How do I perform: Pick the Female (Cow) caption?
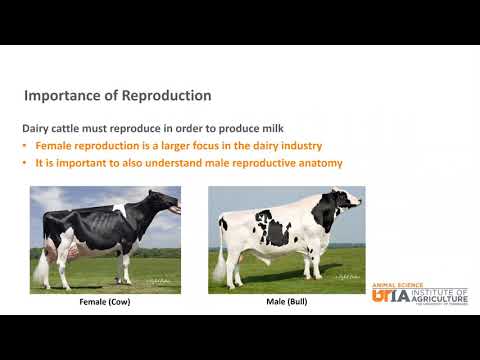pyautogui.click(x=105, y=301)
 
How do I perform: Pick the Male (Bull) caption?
pyautogui.click(x=286, y=301)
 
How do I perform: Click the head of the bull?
pyautogui.click(x=347, y=202)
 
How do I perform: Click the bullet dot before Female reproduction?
pyautogui.click(x=26, y=146)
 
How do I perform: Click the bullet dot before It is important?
pyautogui.click(x=26, y=163)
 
